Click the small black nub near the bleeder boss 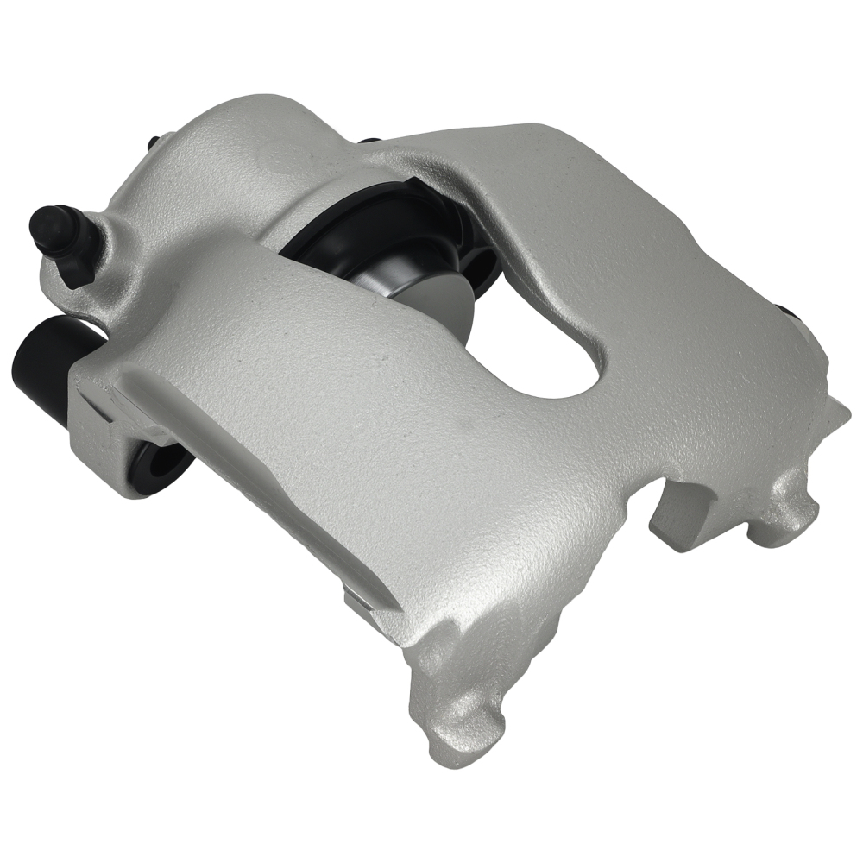[153, 143]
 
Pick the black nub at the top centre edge [369, 140]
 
